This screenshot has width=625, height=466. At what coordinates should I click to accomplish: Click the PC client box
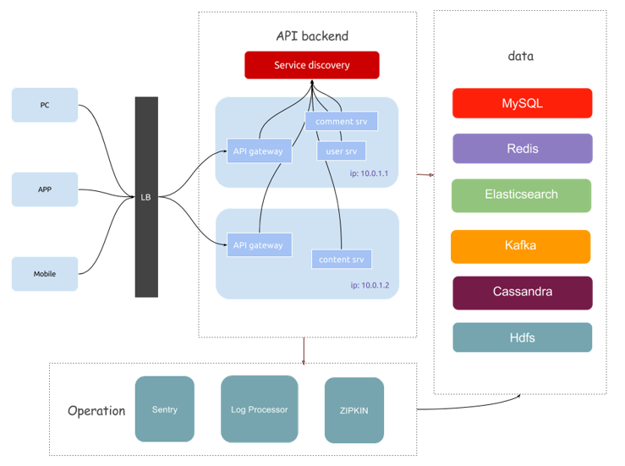(45, 105)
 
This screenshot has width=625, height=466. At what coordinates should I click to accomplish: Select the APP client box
(45, 189)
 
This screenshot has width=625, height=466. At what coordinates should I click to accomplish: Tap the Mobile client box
(45, 274)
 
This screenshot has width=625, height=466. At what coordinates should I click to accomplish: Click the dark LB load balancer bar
(146, 197)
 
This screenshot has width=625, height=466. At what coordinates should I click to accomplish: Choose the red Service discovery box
(312, 65)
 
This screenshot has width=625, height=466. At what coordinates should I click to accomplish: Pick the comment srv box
(342, 121)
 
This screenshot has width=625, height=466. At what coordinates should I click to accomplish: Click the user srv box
(341, 151)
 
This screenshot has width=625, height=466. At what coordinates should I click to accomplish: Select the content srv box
(342, 259)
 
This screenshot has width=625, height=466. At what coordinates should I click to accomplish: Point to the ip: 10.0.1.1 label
(369, 173)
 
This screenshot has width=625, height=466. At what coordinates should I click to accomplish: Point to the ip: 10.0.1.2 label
(370, 285)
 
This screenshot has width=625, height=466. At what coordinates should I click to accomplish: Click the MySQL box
(522, 103)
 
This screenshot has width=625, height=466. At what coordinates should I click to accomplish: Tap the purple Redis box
(522, 148)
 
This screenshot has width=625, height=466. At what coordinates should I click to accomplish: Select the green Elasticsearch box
(521, 195)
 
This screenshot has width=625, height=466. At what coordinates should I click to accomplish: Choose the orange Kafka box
(520, 246)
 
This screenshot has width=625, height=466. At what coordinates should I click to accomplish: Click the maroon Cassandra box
(522, 292)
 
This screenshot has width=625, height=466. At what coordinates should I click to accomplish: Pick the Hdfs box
(522, 337)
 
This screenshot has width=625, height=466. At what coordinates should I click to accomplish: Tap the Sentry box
(165, 409)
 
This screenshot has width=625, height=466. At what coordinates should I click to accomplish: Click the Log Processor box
(260, 409)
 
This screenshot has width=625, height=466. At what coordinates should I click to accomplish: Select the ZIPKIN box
(354, 410)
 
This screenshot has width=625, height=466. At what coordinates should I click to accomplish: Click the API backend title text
(312, 36)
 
